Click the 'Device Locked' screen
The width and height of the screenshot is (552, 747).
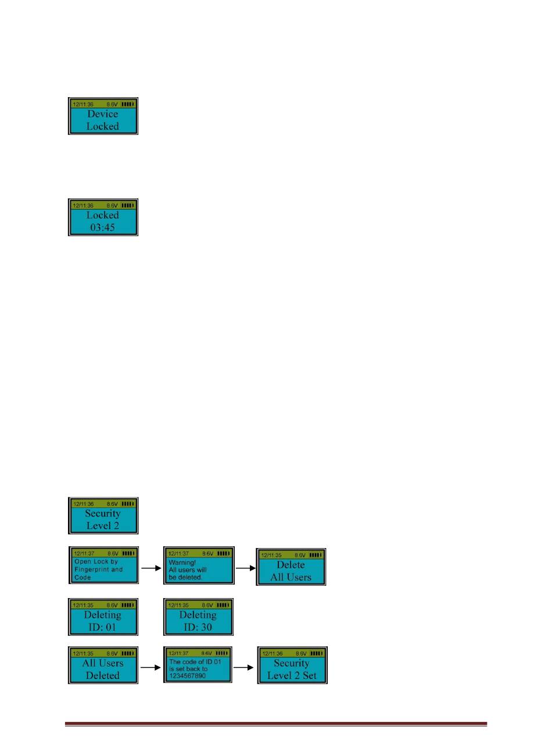[x=103, y=116]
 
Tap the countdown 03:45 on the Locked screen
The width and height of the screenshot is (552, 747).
[x=103, y=227]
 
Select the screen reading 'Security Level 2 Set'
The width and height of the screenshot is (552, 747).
[x=292, y=665]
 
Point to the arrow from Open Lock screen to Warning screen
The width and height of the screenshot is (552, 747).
[x=150, y=565]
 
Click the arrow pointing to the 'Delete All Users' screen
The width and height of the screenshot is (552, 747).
[x=245, y=565]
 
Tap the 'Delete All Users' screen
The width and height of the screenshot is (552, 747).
[x=291, y=567]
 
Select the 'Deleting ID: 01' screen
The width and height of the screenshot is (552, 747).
[x=103, y=617]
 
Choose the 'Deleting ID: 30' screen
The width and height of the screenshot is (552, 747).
[x=198, y=617]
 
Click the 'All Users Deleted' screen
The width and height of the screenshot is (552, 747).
[x=103, y=665]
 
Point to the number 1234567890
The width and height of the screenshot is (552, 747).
[x=189, y=676]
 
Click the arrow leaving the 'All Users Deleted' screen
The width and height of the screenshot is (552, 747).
[x=150, y=668]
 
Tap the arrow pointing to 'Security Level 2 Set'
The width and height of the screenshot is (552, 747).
[x=245, y=668]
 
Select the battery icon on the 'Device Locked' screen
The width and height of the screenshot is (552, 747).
[x=127, y=105]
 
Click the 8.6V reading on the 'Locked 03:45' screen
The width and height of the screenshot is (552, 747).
[x=112, y=205]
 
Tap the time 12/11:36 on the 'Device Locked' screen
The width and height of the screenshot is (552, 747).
[x=83, y=105]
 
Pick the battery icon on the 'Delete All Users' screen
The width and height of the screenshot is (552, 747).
[x=316, y=556]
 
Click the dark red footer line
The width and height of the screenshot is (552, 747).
[x=275, y=724]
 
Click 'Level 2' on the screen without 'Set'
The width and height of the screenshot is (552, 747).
[x=103, y=525]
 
